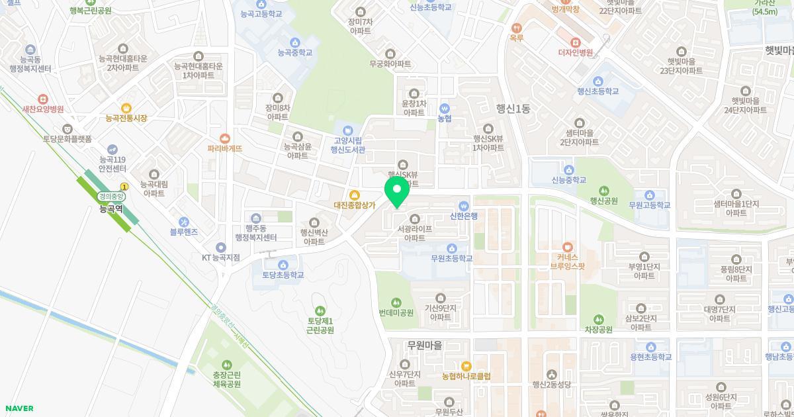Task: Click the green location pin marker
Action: (x=397, y=191)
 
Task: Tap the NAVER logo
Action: (x=19, y=408)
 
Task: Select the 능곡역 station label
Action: (x=111, y=209)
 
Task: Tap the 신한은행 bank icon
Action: (x=464, y=205)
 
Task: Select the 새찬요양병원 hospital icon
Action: (x=43, y=99)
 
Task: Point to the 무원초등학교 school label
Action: (x=452, y=258)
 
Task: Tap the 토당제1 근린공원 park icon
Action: (x=320, y=310)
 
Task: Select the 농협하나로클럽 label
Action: (x=466, y=376)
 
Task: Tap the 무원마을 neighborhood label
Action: (x=424, y=345)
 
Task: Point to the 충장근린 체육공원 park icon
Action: (x=227, y=365)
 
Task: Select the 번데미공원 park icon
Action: (x=396, y=302)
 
